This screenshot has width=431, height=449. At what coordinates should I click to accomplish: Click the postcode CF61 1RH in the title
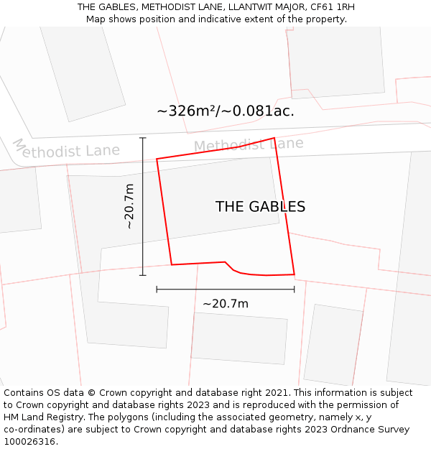tap(330, 7)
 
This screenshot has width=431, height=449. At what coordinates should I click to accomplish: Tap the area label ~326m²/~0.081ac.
tap(226, 111)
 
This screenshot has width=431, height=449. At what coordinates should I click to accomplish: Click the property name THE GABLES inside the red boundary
tap(260, 207)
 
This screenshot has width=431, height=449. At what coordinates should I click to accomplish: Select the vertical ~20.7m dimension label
tap(129, 206)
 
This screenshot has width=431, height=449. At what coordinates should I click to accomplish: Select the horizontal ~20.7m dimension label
tap(226, 304)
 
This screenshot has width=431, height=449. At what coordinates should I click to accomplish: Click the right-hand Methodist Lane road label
tap(249, 145)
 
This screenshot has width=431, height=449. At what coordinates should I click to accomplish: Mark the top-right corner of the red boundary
tap(274, 138)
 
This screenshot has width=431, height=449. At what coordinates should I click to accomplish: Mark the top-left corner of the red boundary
tap(157, 159)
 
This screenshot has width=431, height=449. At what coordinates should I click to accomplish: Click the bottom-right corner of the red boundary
tap(295, 274)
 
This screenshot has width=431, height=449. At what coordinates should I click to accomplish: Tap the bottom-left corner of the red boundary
tap(172, 264)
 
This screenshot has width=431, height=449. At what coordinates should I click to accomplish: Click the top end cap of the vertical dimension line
tap(143, 138)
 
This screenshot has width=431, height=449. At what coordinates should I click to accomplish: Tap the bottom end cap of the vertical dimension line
tap(143, 275)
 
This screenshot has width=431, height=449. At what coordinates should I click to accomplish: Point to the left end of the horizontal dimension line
tap(157, 290)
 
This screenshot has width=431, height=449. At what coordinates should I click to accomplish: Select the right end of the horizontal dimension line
tap(295, 290)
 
